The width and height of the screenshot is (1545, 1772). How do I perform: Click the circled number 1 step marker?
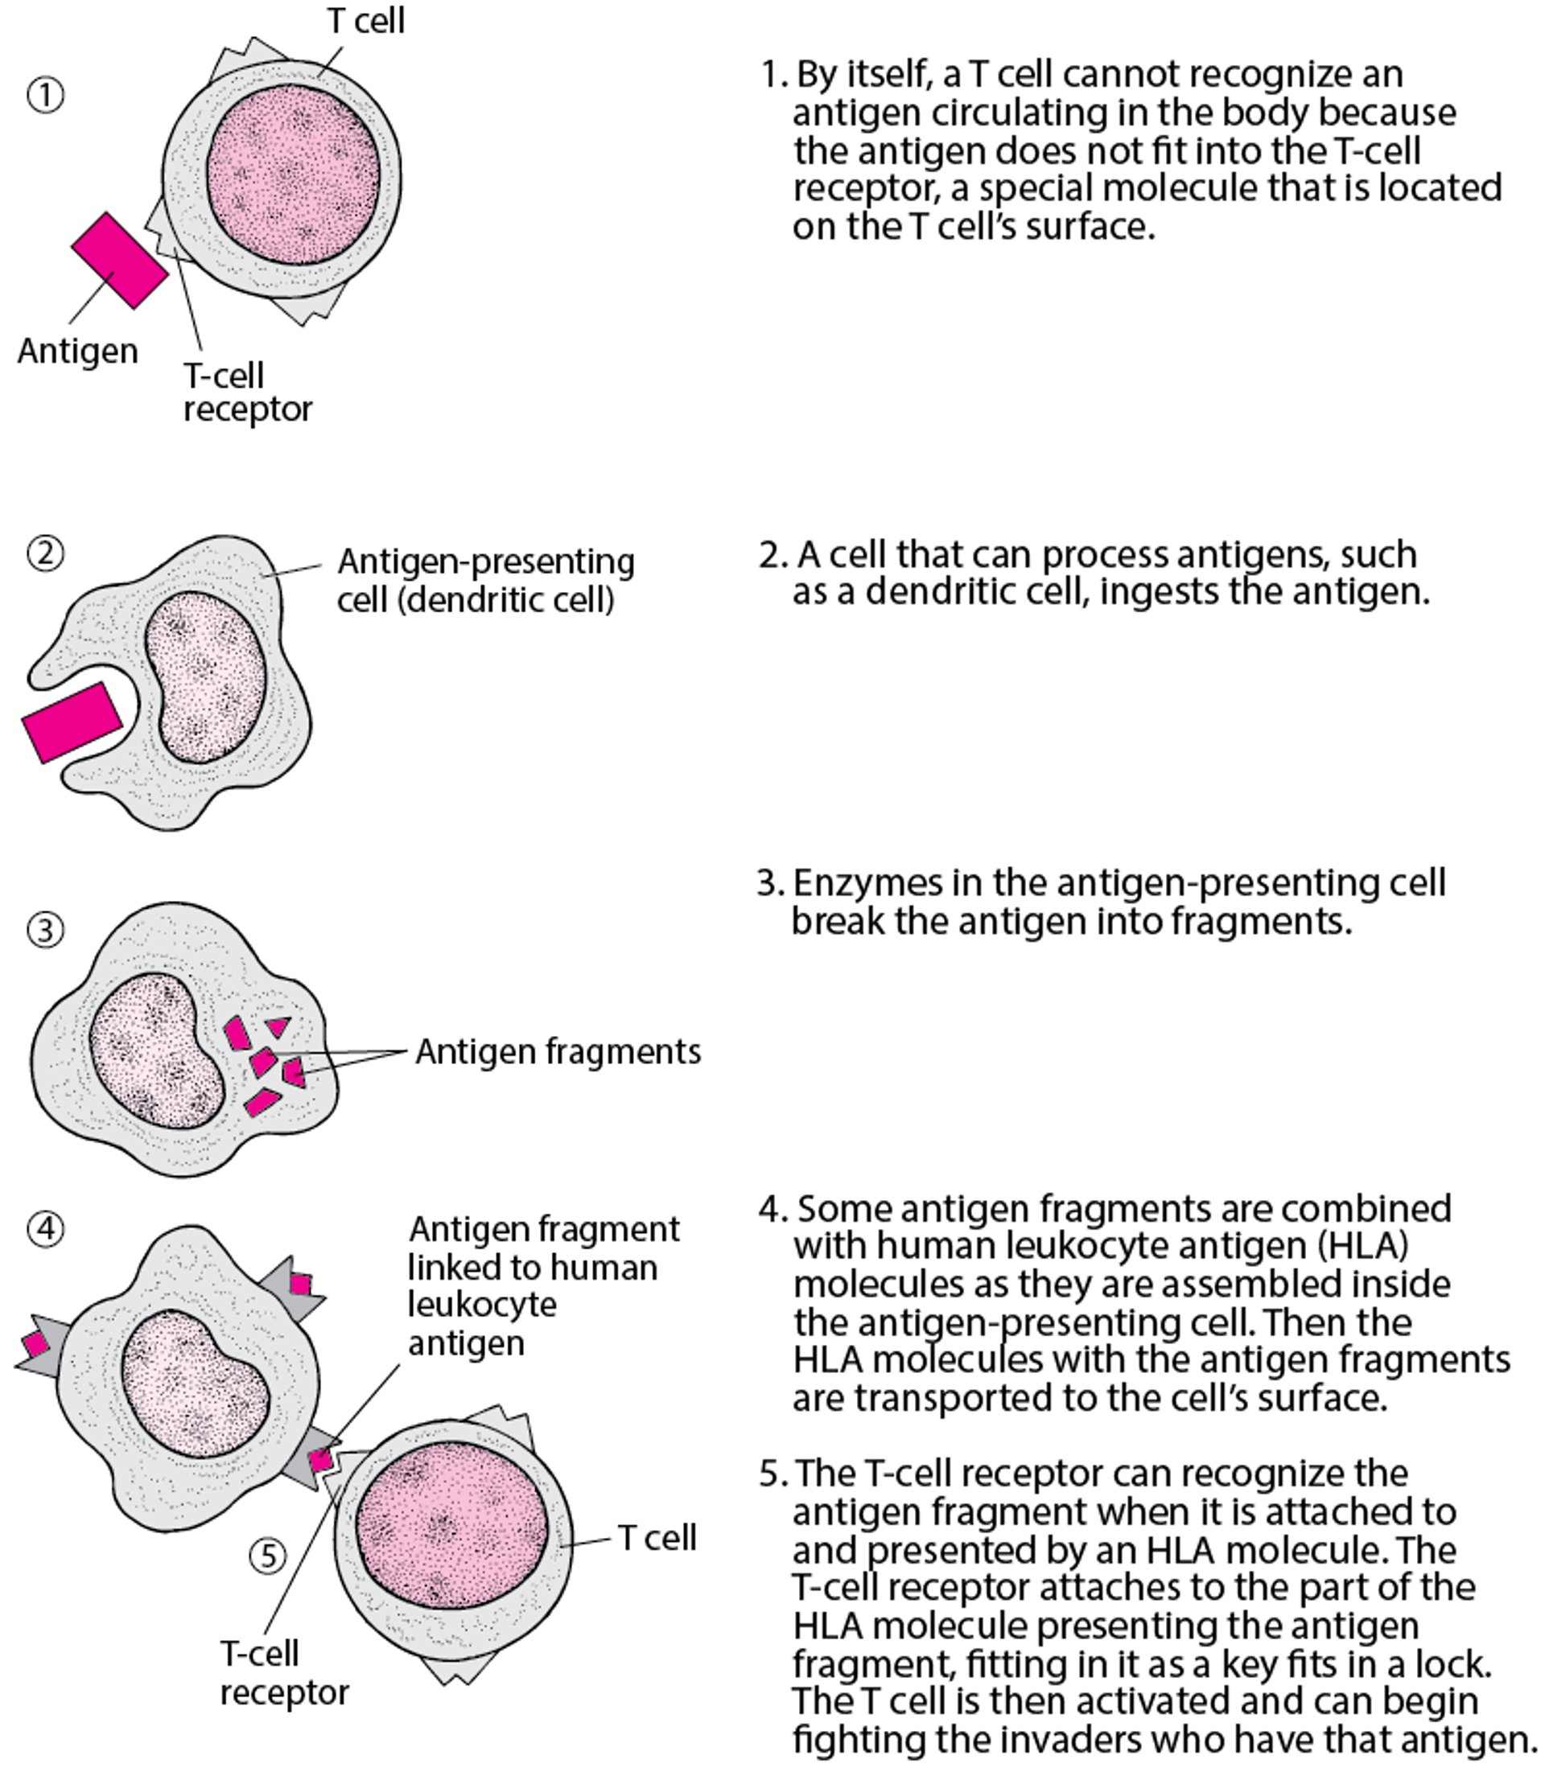pos(46,95)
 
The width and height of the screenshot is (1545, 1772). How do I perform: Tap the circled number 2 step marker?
pos(46,553)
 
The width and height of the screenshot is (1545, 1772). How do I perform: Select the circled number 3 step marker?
pos(46,930)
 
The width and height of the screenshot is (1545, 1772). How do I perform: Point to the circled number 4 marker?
pos(46,1228)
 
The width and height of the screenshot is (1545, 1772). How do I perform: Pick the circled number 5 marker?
pos(268,1556)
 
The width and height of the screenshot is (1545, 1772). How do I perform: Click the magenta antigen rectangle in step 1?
pos(119,261)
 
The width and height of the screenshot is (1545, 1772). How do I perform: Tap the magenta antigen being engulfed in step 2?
pos(72,722)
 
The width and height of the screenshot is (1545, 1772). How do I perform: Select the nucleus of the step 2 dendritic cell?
pos(205,676)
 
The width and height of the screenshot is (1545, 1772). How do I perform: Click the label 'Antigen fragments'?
pos(558,1051)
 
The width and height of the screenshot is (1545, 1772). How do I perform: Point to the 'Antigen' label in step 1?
pos(77,351)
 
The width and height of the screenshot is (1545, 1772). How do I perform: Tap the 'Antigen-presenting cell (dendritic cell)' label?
pos(484,580)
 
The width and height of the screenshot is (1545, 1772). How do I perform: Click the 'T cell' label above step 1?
pos(365,21)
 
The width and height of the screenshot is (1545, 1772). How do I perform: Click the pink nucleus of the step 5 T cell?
pos(451,1526)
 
